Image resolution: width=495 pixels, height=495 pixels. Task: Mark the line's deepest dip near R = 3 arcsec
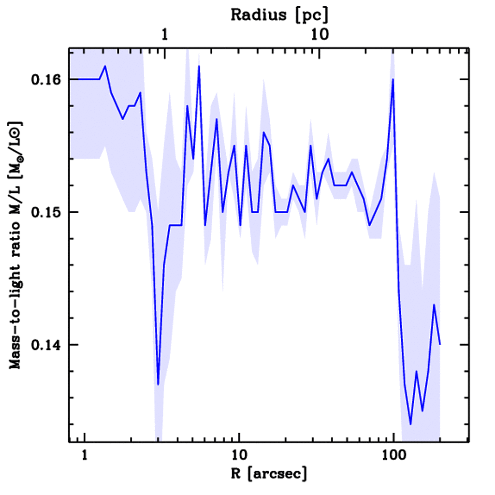(x=158, y=384)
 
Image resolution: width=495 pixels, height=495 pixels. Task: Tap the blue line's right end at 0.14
(x=440, y=344)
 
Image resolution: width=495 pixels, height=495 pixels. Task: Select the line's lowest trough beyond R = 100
(x=410, y=424)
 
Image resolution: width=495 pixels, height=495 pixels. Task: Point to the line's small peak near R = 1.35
(x=105, y=66)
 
